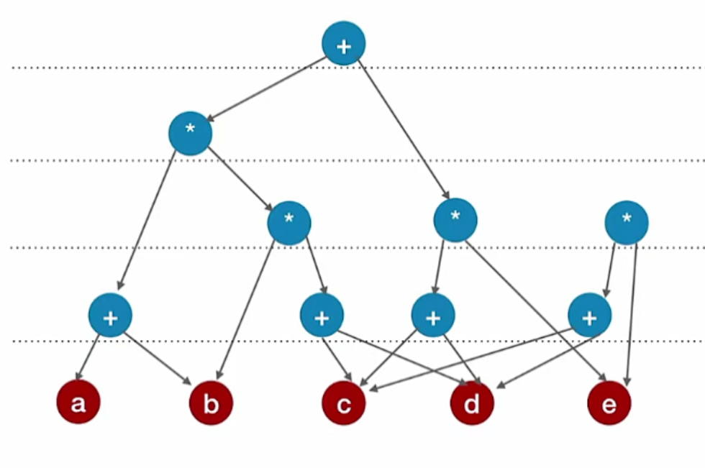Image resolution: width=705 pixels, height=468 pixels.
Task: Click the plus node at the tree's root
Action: [x=343, y=44]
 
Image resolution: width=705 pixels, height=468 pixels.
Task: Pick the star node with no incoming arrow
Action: [x=626, y=222]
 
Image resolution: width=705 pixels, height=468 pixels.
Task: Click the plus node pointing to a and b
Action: [x=110, y=315]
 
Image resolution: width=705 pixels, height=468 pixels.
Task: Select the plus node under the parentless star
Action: [x=589, y=315]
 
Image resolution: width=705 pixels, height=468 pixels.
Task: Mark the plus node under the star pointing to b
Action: [x=322, y=315]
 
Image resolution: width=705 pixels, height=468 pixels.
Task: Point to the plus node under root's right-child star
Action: [x=432, y=315]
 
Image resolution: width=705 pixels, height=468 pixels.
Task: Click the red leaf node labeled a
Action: [x=78, y=403]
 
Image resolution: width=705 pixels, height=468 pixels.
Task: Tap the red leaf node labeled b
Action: [x=211, y=403]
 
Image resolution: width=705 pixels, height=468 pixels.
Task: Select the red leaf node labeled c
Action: [x=343, y=403]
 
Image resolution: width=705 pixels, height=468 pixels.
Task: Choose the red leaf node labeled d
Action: [x=472, y=403]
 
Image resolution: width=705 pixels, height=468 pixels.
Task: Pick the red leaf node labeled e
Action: [x=609, y=403]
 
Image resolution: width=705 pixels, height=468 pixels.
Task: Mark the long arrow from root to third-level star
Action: [x=403, y=129]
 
